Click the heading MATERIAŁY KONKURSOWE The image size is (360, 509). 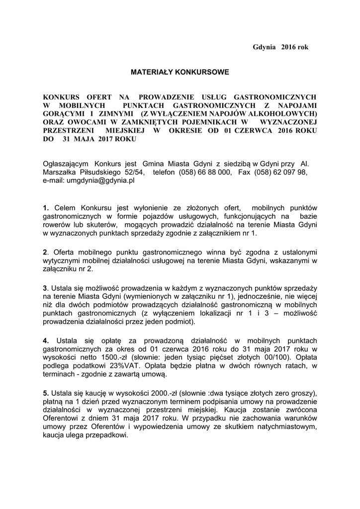coord(180,73)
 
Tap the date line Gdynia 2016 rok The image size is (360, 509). coord(280,47)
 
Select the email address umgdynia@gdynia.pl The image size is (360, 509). coord(89,181)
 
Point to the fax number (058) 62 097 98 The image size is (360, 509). coord(280,172)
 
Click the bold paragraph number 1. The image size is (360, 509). coord(45,207)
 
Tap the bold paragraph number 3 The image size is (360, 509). coord(45,288)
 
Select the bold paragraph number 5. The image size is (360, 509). coord(45,393)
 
